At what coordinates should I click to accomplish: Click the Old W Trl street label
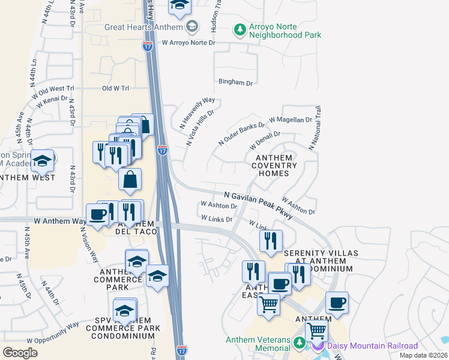pyautogui.click(x=115, y=88)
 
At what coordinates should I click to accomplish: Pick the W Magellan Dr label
pyautogui.click(x=291, y=120)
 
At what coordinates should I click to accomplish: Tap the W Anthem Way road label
pyautogui.click(x=60, y=221)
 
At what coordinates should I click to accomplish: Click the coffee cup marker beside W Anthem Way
pyautogui.click(x=98, y=215)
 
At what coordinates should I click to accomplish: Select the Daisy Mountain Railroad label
pyautogui.click(x=372, y=346)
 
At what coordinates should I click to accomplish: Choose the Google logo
pyautogui.click(x=20, y=353)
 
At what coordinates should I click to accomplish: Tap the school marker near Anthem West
pyautogui.click(x=42, y=160)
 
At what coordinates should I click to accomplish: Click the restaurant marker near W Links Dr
pyautogui.click(x=271, y=241)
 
